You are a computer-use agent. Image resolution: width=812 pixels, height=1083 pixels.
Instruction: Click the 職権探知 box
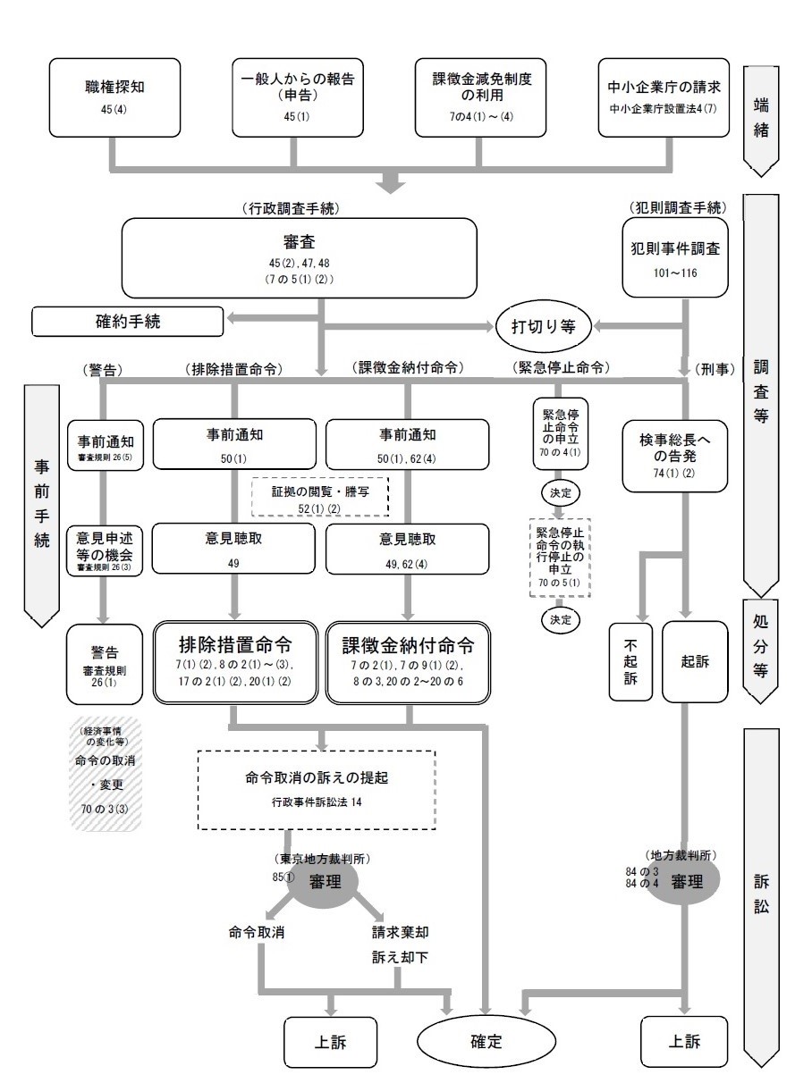point(114,97)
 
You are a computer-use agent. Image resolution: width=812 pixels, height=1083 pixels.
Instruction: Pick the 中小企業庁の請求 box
point(664,97)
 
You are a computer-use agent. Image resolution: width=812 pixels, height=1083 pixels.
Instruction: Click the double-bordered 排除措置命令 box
point(235,659)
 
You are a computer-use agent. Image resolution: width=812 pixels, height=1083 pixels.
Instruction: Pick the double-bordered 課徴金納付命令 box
point(408,659)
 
